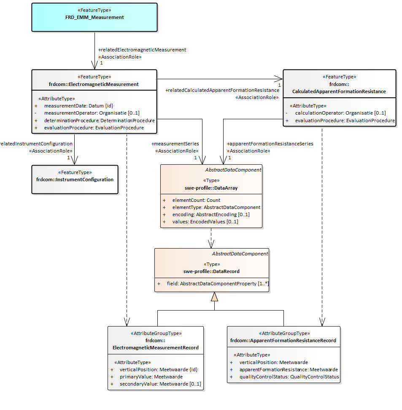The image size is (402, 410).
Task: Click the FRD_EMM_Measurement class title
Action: click(94, 18)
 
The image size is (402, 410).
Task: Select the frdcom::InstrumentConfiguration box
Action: click(75, 180)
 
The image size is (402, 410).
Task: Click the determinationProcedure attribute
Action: click(99, 121)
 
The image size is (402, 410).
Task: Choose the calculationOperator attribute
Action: click(340, 113)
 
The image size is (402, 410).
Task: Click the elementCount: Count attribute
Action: click(196, 200)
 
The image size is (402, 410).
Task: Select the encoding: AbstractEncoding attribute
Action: click(211, 214)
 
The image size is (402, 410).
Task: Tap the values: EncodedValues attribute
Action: click(205, 222)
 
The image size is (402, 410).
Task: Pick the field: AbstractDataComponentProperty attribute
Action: click(218, 284)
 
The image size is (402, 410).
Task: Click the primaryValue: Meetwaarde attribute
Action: click(151, 377)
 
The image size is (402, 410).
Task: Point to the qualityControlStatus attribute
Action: click(289, 377)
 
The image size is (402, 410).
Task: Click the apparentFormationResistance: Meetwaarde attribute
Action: click(289, 370)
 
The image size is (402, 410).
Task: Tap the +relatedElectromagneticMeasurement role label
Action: click(142, 50)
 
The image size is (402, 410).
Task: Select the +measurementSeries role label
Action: click(175, 144)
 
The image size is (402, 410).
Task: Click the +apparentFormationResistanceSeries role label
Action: click(270, 144)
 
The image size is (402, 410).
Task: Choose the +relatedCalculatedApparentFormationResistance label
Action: click(222, 90)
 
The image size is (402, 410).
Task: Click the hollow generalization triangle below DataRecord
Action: click(214, 297)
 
